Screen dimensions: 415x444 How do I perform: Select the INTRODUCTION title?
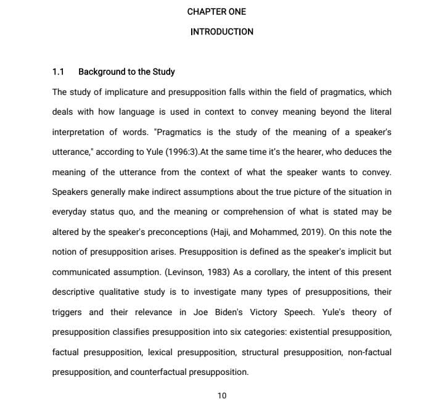[221, 31]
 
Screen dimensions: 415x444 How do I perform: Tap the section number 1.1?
[59, 72]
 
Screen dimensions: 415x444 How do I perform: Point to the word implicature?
[134, 92]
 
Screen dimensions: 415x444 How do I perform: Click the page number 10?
[222, 395]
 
